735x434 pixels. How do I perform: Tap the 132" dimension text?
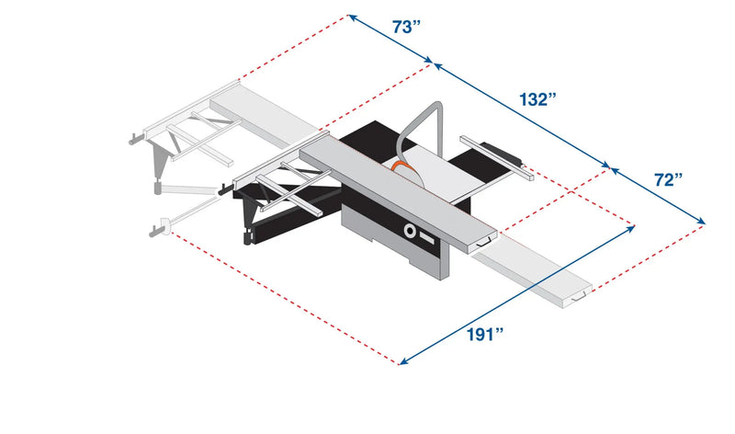[537, 98]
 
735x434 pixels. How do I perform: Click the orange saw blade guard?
[401, 167]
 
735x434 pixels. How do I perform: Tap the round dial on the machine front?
[410, 231]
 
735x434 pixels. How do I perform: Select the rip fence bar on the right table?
[497, 154]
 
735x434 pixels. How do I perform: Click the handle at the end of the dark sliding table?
[486, 242]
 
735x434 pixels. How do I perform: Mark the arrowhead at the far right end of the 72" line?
[702, 222]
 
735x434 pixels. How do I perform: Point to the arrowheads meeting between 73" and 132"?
[433, 63]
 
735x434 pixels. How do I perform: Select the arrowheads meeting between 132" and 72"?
[610, 169]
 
